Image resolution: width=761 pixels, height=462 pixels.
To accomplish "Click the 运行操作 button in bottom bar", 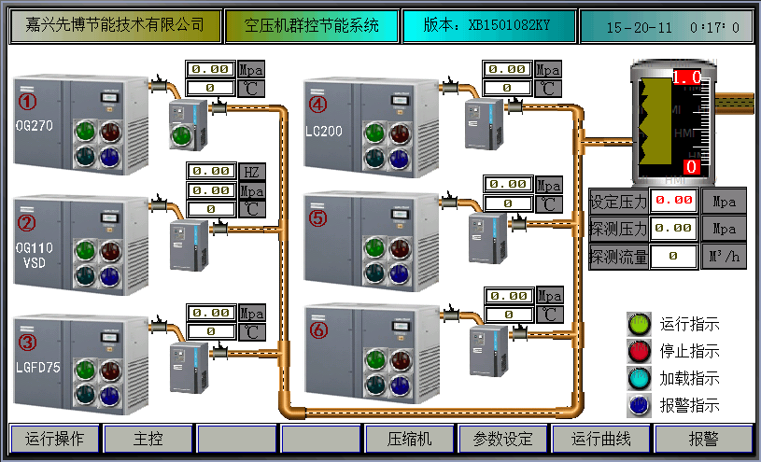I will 55,439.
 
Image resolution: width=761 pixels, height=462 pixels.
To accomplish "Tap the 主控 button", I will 148,439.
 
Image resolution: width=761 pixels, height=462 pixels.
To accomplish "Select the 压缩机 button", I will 411,439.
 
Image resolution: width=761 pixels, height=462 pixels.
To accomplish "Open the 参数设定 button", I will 502,439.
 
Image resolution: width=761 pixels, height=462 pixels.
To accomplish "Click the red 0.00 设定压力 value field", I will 673,200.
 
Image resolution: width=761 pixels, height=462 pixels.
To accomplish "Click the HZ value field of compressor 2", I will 212,172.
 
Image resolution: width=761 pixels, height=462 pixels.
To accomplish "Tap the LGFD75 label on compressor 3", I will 38,368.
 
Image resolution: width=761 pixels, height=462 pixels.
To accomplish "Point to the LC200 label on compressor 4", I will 324,132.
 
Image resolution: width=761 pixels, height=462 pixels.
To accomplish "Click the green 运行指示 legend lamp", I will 639,324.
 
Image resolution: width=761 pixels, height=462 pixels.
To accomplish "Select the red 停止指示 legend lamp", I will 639,351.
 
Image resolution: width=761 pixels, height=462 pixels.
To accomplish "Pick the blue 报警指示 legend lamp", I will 639,405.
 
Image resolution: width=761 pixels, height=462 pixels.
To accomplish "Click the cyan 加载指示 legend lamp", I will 639,378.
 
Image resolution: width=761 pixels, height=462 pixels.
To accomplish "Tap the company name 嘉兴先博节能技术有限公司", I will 116,26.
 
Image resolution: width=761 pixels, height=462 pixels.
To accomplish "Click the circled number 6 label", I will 319,330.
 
